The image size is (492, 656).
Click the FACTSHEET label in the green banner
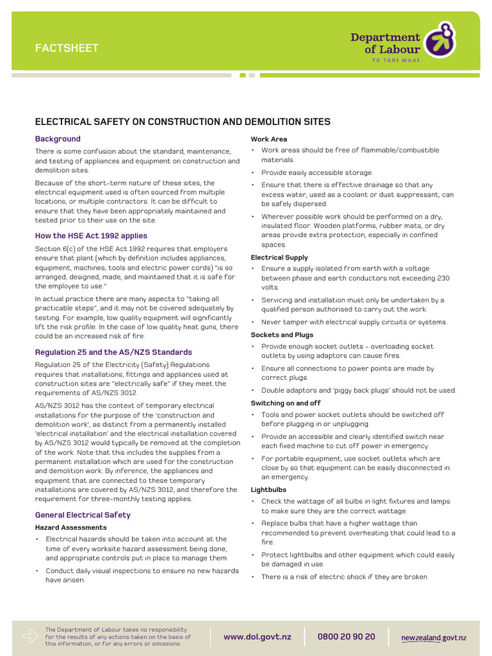pyautogui.click(x=67, y=48)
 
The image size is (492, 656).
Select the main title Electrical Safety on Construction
pyautogui.click(x=183, y=122)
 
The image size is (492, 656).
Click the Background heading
pyautogui.click(x=58, y=139)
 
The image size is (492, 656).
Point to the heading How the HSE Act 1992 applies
pyautogui.click(x=91, y=236)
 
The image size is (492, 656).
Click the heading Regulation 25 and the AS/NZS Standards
pyautogui.click(x=113, y=352)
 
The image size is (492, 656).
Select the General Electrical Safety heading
pyautogui.click(x=83, y=514)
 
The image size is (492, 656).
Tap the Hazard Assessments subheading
pyautogui.click(x=70, y=527)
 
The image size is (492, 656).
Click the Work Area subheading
pyautogui.click(x=269, y=139)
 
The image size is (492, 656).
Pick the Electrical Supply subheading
pyautogui.click(x=279, y=258)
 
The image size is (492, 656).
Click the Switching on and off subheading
pyautogui.click(x=286, y=403)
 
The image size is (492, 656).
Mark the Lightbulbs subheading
pyautogui.click(x=268, y=489)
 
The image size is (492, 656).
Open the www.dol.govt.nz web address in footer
pyautogui.click(x=257, y=637)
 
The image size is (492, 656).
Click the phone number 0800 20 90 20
pyautogui.click(x=347, y=637)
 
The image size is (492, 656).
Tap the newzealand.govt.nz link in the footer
pyautogui.click(x=434, y=637)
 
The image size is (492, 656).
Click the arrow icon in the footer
pyautogui.click(x=29, y=635)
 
